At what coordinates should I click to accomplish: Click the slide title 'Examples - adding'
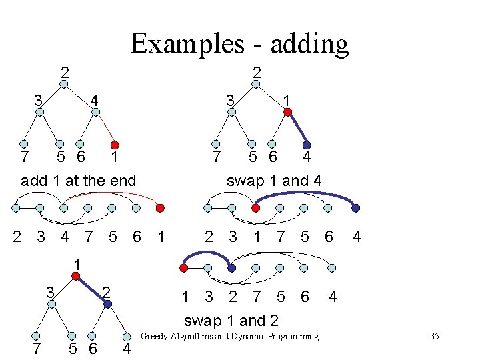[x=239, y=44]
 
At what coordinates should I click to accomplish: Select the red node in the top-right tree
[x=287, y=112]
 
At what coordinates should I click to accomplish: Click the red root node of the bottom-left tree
[x=77, y=275]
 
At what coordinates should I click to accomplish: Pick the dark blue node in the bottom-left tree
[x=108, y=304]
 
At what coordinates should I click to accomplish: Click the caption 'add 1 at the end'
[x=79, y=180]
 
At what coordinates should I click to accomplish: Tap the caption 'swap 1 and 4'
[x=274, y=180]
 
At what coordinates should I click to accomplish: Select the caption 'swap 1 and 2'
[x=231, y=320]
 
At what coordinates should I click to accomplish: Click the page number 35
[x=434, y=336]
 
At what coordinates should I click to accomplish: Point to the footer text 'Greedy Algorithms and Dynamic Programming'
[x=230, y=336]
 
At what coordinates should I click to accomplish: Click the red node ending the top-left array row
[x=160, y=208]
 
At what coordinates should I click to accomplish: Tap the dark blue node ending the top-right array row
[x=355, y=208]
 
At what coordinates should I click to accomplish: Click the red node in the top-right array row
[x=255, y=208]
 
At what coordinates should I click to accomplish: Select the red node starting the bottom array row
[x=183, y=268]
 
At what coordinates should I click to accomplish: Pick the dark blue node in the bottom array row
[x=231, y=268]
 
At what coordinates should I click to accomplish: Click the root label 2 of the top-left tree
[x=64, y=71]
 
